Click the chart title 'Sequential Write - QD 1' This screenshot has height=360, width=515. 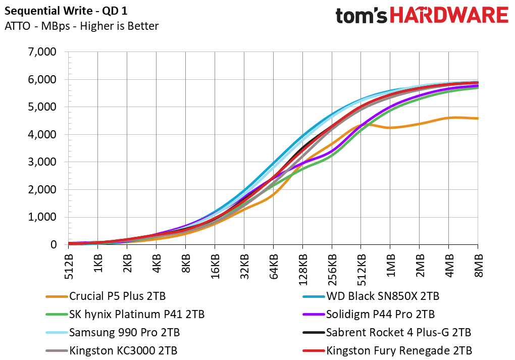[66, 11]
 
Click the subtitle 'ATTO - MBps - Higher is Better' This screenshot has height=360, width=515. [81, 26]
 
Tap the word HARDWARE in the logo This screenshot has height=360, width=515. [449, 16]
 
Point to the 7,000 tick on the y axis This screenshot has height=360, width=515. [42, 52]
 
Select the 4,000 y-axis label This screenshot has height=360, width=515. [42, 134]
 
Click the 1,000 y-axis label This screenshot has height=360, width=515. [42, 217]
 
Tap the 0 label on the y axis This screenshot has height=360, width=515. [53, 244]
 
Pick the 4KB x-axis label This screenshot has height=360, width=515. [157, 264]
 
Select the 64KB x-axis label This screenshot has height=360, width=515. [273, 267]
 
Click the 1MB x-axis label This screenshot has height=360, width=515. [390, 265]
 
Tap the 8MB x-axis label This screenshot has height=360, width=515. [478, 265]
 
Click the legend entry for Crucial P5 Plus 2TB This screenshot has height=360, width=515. [106, 296]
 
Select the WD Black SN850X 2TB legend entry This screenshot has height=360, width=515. [371, 296]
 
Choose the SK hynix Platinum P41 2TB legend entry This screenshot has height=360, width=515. [125, 315]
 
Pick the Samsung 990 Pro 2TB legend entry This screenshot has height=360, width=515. [113, 332]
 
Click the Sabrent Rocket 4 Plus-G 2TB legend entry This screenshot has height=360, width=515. [387, 332]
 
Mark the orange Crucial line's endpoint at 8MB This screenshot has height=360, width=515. [478, 118]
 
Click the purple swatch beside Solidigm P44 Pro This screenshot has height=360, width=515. [314, 315]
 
